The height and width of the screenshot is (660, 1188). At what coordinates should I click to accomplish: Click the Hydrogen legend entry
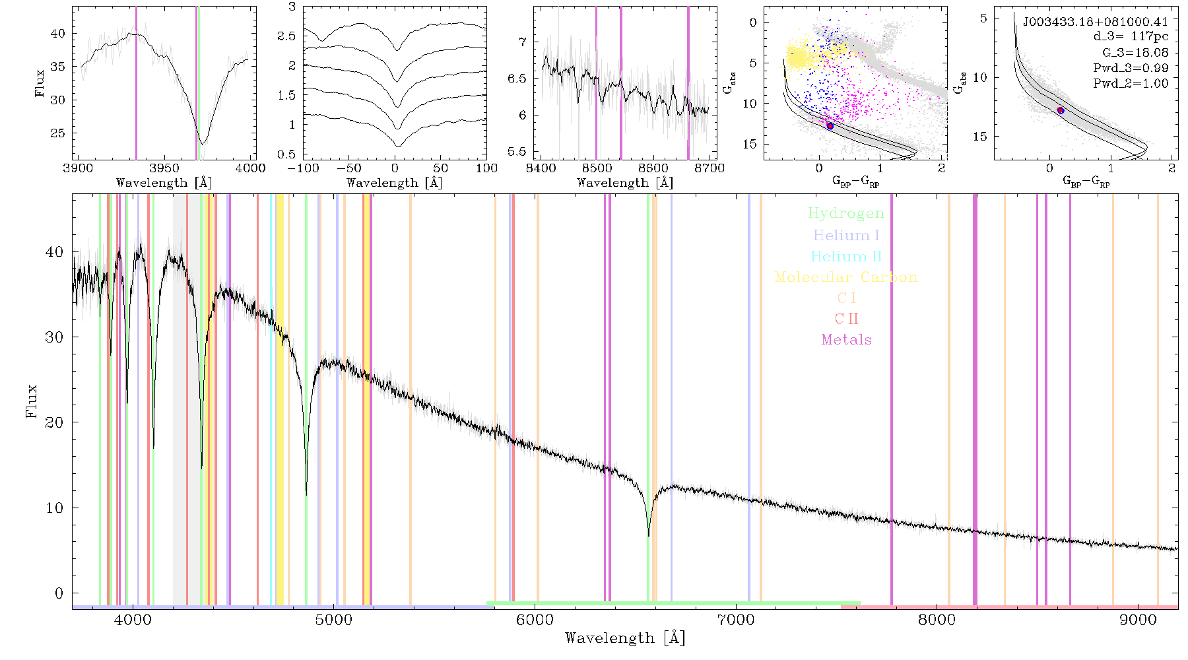pos(846,213)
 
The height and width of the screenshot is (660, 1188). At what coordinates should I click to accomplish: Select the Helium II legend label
pos(846,256)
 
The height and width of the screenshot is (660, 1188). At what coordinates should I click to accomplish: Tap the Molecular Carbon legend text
pos(846,277)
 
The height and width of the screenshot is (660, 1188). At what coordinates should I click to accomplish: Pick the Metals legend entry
pos(847,339)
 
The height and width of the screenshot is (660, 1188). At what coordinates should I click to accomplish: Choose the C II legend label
pos(847,319)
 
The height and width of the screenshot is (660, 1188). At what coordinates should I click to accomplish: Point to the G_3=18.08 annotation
pos(1135,53)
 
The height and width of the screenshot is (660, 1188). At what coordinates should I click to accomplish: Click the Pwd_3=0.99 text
pos(1131,68)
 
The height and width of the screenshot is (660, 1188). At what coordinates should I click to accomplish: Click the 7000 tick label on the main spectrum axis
pos(736,620)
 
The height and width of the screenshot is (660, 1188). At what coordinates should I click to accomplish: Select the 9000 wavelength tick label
pos(1138,620)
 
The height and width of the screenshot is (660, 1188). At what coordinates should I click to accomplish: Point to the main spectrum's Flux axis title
pos(31,401)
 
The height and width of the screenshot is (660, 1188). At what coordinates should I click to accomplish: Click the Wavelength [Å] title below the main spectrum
pos(625,638)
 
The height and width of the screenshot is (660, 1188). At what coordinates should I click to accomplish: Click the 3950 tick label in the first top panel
pos(164,168)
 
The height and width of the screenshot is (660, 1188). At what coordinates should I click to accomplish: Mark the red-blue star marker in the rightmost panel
pos(1061,110)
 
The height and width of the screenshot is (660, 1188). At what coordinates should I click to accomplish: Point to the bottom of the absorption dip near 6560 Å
pos(649,535)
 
